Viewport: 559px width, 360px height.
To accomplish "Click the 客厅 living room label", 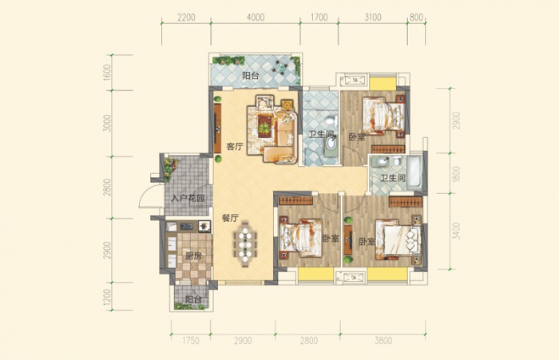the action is [x=235, y=147].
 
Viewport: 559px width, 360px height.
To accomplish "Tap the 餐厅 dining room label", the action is [x=230, y=218].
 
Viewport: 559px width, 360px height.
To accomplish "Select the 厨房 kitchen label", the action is [x=193, y=255].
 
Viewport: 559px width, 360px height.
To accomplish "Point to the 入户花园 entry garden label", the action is [x=188, y=198].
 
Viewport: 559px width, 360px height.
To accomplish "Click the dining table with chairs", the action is [x=245, y=244].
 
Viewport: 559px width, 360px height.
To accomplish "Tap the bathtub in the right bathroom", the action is [x=414, y=172].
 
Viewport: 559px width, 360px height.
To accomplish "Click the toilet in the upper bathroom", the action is [x=332, y=120].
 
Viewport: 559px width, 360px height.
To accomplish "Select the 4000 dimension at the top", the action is [x=256, y=17].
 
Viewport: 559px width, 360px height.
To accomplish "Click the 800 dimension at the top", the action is [x=416, y=17].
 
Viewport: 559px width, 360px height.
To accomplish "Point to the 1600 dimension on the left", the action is [x=107, y=73].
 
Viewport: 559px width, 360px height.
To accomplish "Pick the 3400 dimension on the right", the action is [x=456, y=231].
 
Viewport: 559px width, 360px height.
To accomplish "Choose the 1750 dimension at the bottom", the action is [x=191, y=341].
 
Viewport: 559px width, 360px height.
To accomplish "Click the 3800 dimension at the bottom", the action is [x=383, y=341].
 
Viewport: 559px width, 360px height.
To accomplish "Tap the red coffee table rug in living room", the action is [x=264, y=125].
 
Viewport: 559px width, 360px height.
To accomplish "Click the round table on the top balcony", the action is [x=279, y=66].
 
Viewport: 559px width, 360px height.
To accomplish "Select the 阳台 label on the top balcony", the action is [x=251, y=76].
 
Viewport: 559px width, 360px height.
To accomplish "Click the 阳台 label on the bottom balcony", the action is [x=193, y=299].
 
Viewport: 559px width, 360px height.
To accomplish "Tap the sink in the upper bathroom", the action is [x=331, y=144].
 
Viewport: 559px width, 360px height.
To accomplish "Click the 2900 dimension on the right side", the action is [x=456, y=121].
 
